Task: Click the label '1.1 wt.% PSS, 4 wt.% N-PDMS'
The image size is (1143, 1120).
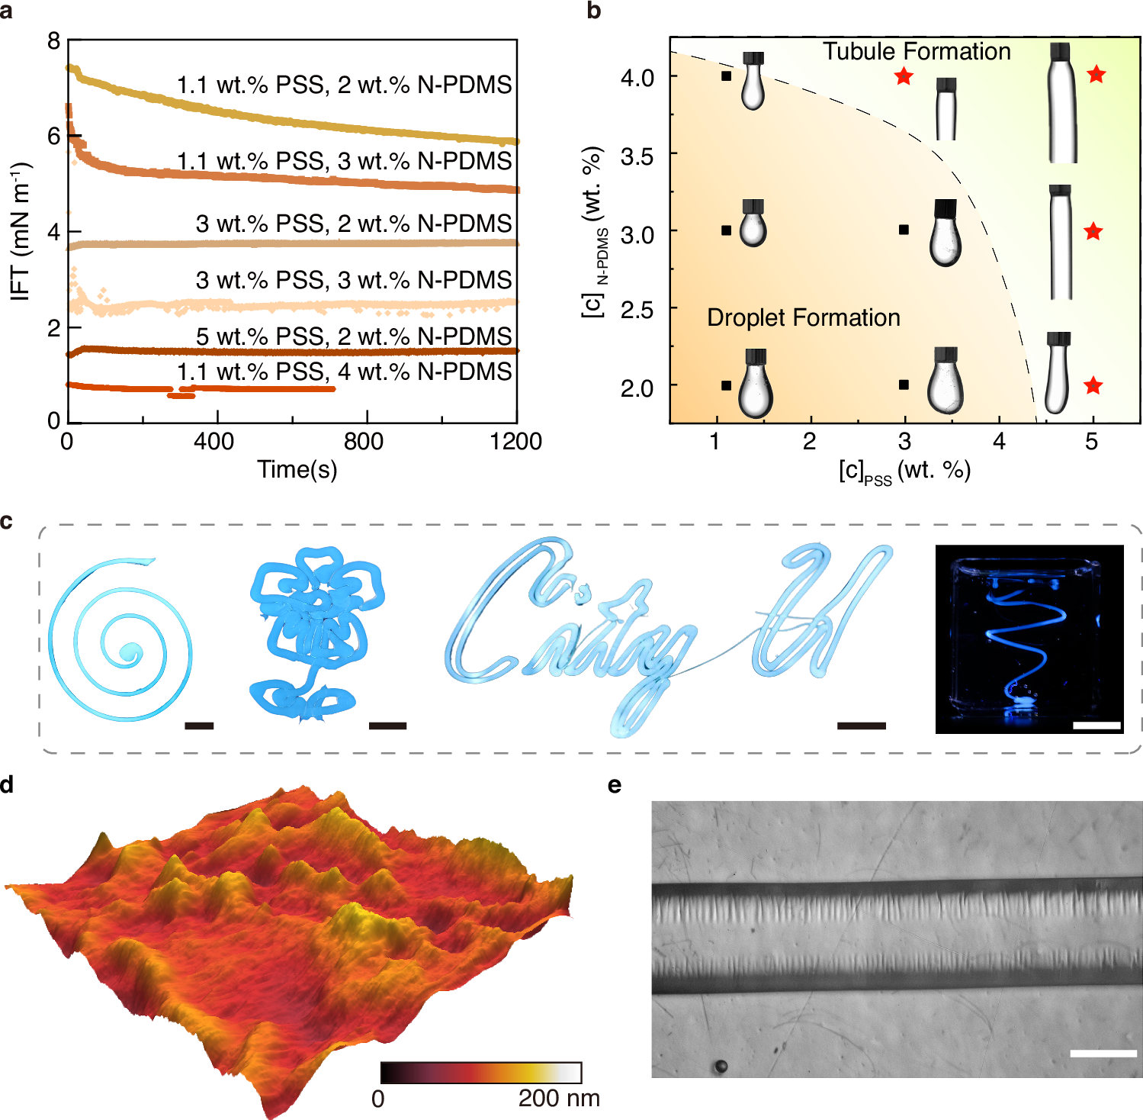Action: (x=345, y=372)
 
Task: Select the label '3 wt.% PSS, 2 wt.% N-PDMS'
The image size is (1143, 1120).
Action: (x=354, y=224)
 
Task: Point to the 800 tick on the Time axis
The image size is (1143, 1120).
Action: (x=363, y=441)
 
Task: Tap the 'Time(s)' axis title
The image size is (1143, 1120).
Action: (x=297, y=469)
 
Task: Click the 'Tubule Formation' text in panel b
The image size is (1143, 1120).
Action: (x=917, y=51)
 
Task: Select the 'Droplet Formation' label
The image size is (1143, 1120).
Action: (x=803, y=317)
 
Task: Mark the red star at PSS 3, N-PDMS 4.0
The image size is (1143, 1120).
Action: (x=904, y=76)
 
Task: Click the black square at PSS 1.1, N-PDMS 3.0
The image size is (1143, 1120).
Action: (x=726, y=230)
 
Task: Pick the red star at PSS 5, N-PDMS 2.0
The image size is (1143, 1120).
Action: (x=1093, y=385)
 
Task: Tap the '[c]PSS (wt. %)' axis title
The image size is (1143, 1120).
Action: (x=904, y=471)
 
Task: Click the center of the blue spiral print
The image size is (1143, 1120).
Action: (x=129, y=652)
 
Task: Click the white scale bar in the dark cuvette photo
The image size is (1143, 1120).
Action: (x=1096, y=726)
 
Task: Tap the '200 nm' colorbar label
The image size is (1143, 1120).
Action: (x=559, y=1099)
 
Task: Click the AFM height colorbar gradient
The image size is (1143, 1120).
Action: (x=481, y=1072)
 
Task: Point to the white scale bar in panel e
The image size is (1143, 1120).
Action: (x=1103, y=1054)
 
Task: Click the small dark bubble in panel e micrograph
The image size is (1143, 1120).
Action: (x=720, y=1066)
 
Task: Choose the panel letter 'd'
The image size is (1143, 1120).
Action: (x=7, y=784)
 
